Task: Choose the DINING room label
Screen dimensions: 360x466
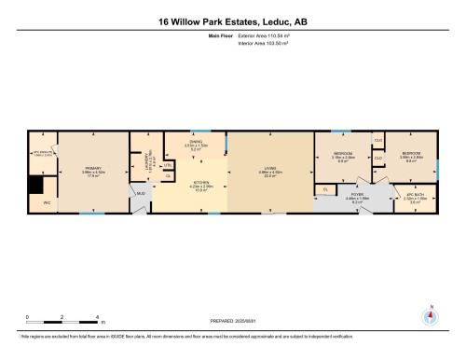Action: (x=194, y=143)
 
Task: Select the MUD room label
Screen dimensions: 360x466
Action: (x=141, y=193)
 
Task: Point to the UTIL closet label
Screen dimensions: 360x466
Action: (x=169, y=166)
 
